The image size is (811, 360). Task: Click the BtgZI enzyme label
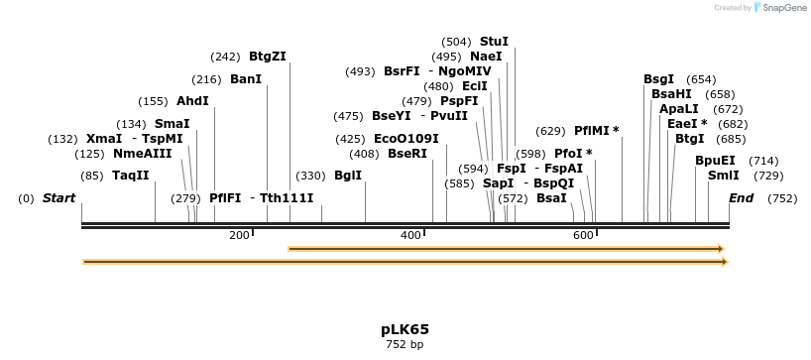click(x=268, y=57)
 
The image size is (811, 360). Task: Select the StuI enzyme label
click(x=494, y=42)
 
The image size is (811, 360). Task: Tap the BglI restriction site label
click(x=348, y=176)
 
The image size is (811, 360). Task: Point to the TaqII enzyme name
click(x=130, y=176)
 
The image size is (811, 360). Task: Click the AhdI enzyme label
click(x=192, y=101)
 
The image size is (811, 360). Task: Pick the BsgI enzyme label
click(x=658, y=79)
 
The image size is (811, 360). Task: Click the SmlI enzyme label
click(x=723, y=176)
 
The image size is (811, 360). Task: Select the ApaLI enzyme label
click(x=679, y=109)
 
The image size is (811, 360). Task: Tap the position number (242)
click(x=225, y=57)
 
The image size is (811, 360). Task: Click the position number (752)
click(x=782, y=198)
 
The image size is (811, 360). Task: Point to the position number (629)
click(x=550, y=131)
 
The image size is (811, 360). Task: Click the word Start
click(x=58, y=198)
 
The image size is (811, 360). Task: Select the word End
click(x=742, y=198)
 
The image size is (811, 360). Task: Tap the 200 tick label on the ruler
click(x=239, y=235)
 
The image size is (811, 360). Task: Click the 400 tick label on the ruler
click(x=410, y=235)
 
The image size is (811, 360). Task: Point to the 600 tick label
click(x=583, y=235)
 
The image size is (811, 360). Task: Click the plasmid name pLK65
click(x=405, y=329)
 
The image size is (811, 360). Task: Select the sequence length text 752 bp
click(x=405, y=345)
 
